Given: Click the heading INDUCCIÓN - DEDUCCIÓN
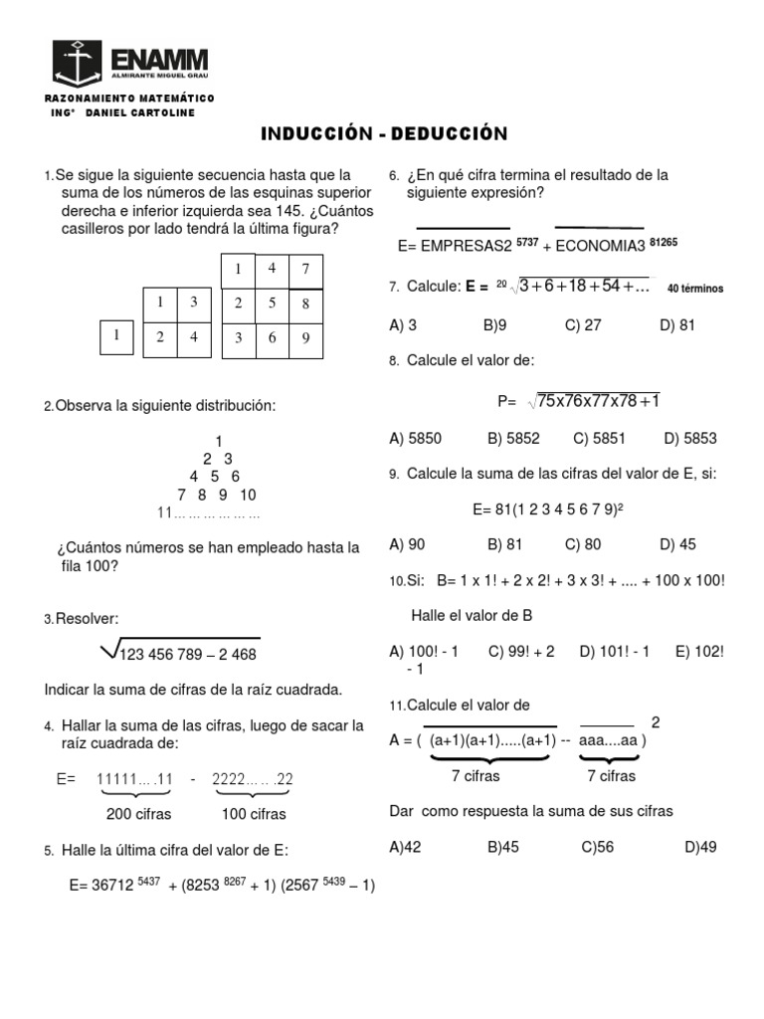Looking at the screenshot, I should tap(384, 133).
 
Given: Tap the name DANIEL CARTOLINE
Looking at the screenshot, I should tap(140, 112).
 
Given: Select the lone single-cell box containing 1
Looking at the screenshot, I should tap(116, 336).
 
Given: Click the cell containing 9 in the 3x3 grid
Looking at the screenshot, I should tap(305, 337).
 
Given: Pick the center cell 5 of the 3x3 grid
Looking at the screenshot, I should tap(272, 303).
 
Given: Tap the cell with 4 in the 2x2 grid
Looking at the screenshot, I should tap(194, 337).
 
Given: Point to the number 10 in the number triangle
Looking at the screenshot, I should tap(248, 495).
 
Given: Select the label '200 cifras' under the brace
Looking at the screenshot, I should tap(139, 814).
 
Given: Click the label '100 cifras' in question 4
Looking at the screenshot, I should tap(254, 814).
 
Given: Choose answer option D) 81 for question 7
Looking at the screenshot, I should tap(676, 323).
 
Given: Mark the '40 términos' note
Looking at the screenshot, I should tap(695, 289).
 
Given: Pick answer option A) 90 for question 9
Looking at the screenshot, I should tap(407, 543).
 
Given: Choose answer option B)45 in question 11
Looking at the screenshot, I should tap(505, 847).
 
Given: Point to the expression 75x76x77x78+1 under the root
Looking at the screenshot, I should tap(598, 400).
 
